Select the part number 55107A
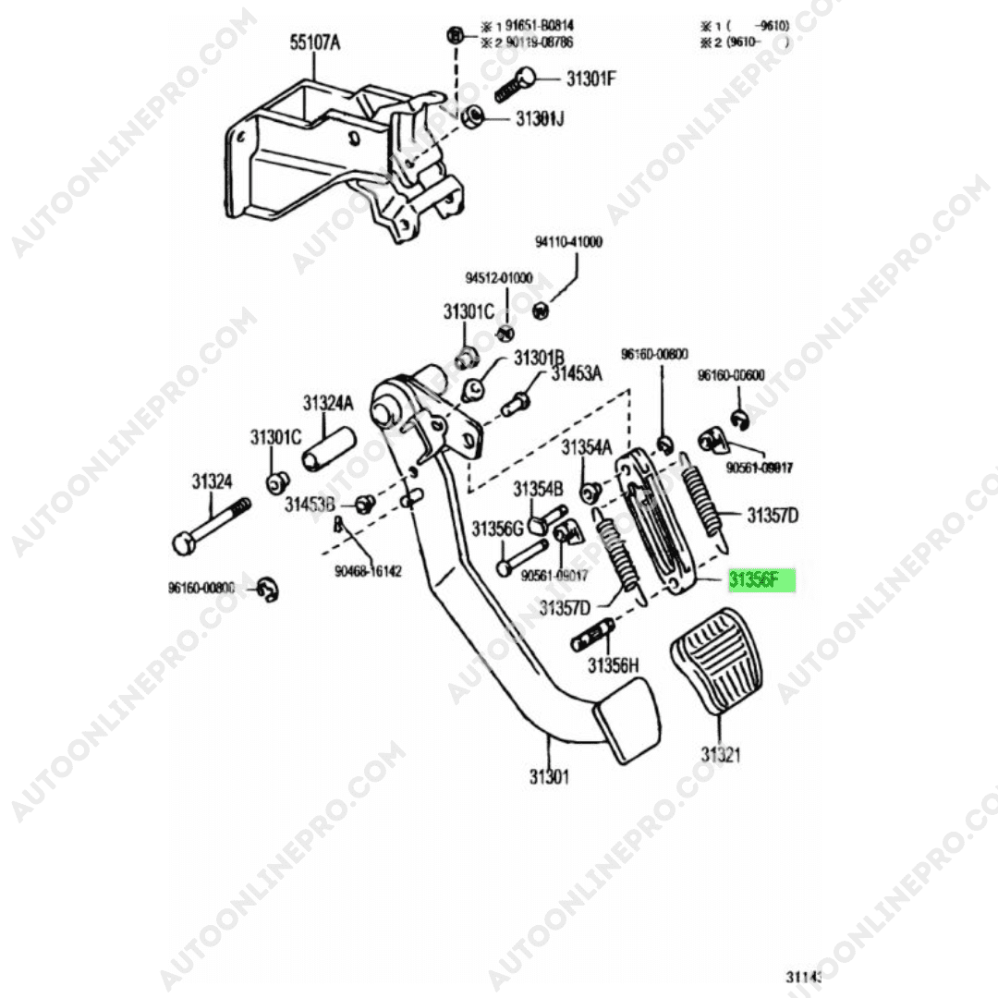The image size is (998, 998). tap(314, 43)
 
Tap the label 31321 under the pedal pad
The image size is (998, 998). tap(720, 755)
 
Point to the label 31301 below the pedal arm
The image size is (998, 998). tap(549, 776)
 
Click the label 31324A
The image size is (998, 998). tap(327, 404)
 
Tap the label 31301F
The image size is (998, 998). tap(590, 79)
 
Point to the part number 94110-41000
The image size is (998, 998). tap(569, 242)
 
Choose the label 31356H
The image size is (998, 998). tap(614, 664)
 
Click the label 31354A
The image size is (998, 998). tap(587, 447)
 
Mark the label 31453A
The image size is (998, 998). tap(576, 373)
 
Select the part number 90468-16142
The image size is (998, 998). tap(368, 571)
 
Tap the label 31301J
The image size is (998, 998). tap(540, 119)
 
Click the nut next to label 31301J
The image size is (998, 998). tap(469, 118)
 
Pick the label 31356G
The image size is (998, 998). tap(498, 529)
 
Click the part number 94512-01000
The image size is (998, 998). tap(498, 278)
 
